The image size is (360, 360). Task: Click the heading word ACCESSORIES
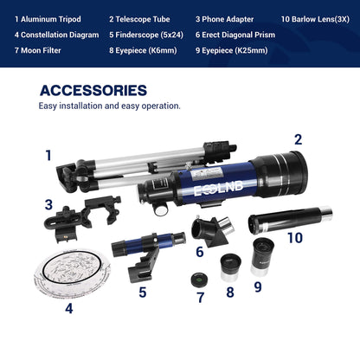tap(93, 90)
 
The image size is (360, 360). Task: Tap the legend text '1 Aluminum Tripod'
tap(48, 18)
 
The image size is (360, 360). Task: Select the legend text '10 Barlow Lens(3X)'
tap(317, 18)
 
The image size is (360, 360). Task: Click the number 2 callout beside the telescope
tap(298, 138)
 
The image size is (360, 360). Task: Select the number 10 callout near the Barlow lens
tap(295, 236)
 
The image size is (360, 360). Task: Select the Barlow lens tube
tap(289, 215)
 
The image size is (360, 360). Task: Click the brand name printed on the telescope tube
tap(209, 188)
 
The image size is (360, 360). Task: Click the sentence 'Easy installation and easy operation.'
tap(109, 106)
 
